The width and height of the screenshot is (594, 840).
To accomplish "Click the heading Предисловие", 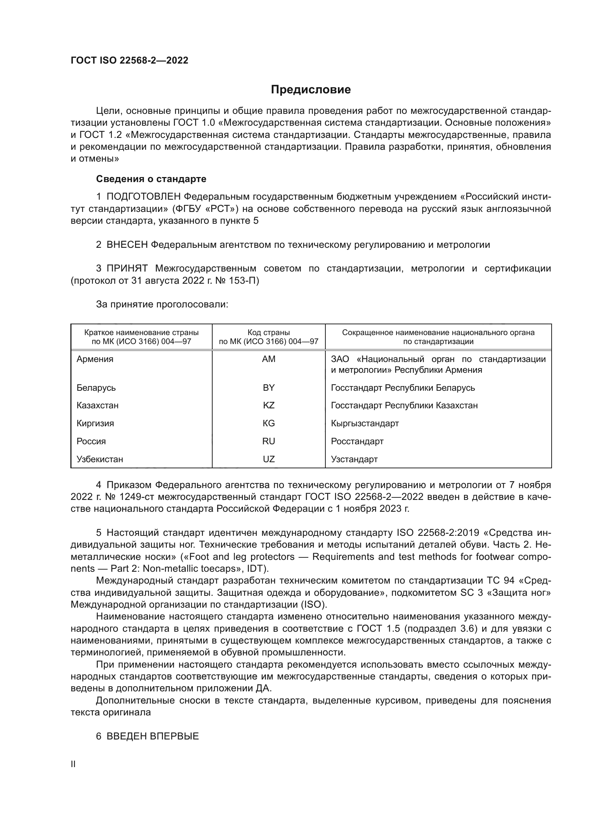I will [x=311, y=90].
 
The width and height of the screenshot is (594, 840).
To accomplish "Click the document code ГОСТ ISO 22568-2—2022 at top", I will [x=130, y=60].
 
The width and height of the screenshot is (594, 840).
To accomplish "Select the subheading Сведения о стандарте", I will [x=151, y=179].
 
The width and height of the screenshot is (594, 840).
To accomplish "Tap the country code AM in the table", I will [x=269, y=359].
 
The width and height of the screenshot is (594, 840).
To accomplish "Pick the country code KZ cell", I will [x=269, y=405].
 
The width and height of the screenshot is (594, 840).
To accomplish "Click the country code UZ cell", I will [x=269, y=459].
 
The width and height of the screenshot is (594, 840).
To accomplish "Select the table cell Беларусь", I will [x=96, y=387].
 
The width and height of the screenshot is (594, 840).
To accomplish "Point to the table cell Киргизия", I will [x=95, y=423].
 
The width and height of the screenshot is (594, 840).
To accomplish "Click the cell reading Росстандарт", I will [x=357, y=441].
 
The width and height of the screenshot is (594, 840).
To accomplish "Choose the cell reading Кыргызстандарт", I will [x=365, y=423].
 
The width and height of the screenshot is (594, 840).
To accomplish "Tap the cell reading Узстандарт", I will [x=354, y=459].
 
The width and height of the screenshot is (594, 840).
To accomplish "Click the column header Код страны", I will [x=269, y=333].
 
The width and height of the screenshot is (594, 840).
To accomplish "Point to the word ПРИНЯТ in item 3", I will [x=127, y=269].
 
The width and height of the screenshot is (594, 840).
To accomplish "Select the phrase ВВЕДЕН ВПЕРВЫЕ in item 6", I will [x=153, y=736].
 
